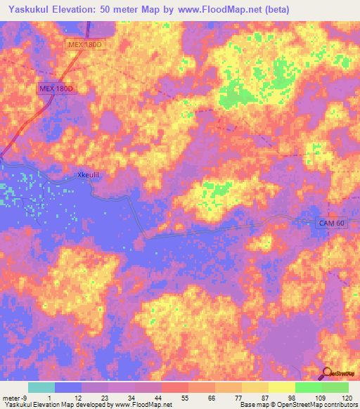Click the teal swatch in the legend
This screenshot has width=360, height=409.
(41, 387)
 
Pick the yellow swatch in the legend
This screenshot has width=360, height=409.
(281, 387)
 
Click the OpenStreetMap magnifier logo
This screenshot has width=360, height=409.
(328, 372)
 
